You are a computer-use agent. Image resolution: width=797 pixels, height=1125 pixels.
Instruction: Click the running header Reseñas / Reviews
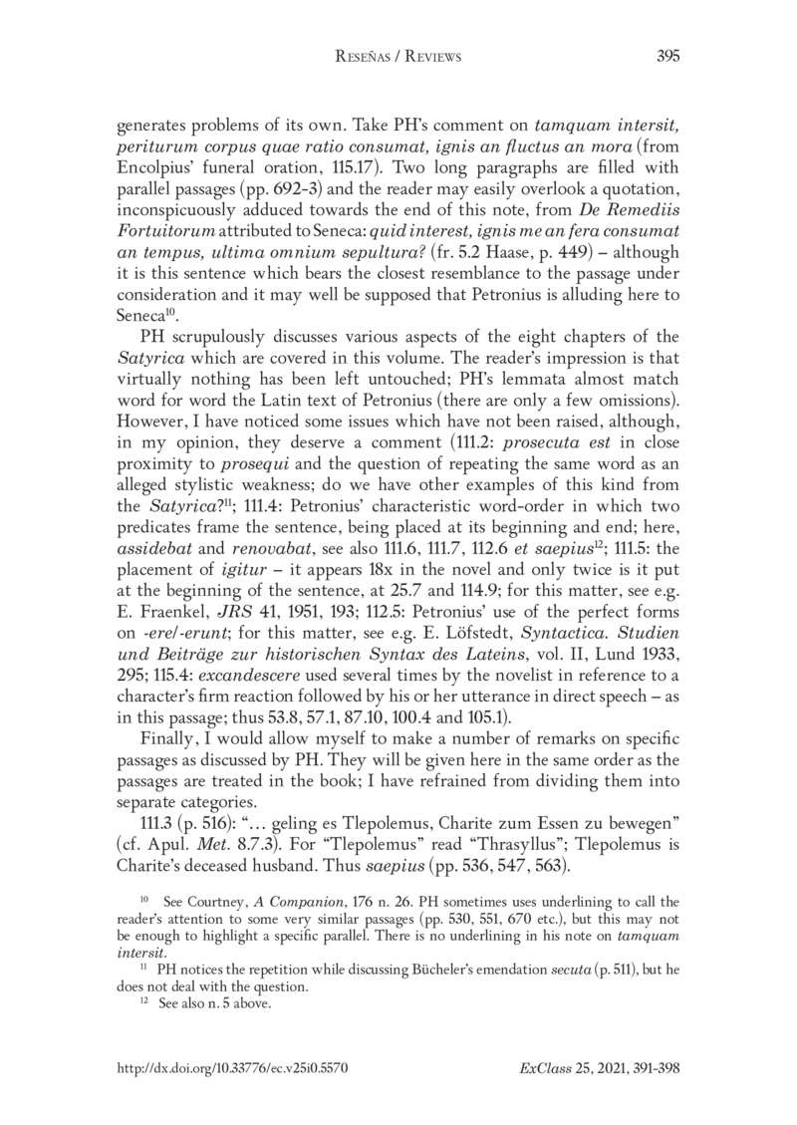pos(398,58)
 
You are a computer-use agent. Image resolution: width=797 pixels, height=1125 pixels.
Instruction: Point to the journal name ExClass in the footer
pos(542,1067)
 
